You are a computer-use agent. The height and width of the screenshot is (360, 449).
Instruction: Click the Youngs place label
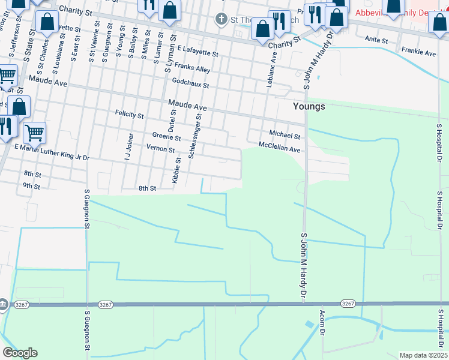pyautogui.click(x=309, y=106)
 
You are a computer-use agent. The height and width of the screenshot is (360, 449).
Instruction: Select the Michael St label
pyautogui.click(x=285, y=134)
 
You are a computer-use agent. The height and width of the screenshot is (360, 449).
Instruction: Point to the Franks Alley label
pyautogui.click(x=193, y=69)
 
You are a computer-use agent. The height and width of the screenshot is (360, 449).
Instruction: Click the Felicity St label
pyautogui.click(x=130, y=113)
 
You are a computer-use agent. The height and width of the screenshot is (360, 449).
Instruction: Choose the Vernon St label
pyautogui.click(x=160, y=148)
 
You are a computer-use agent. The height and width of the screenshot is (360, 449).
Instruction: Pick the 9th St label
pyautogui.click(x=31, y=186)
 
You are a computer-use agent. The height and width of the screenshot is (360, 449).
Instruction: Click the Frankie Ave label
pyautogui.click(x=419, y=53)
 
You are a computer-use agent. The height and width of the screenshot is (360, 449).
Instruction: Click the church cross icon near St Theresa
pyautogui.click(x=221, y=19)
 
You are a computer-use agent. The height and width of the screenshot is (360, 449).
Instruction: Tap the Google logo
pyautogui.click(x=20, y=353)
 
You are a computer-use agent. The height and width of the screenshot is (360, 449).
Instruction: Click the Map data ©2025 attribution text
pyautogui.click(x=423, y=355)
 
